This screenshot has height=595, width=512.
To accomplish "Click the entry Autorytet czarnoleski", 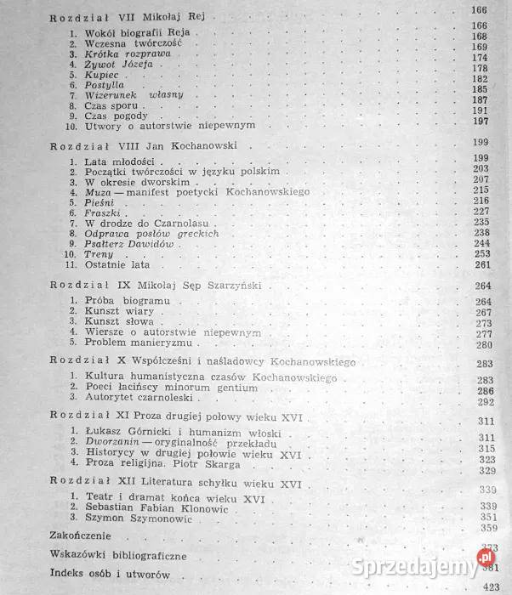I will [140, 398].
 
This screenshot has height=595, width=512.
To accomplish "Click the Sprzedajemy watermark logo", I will [443, 562].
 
